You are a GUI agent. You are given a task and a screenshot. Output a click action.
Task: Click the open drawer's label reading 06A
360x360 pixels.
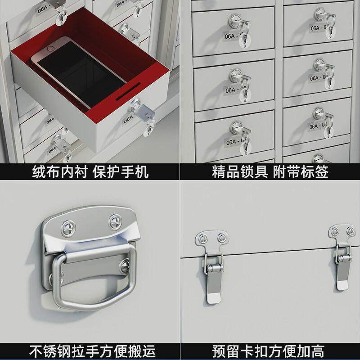[x=128, y=118]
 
